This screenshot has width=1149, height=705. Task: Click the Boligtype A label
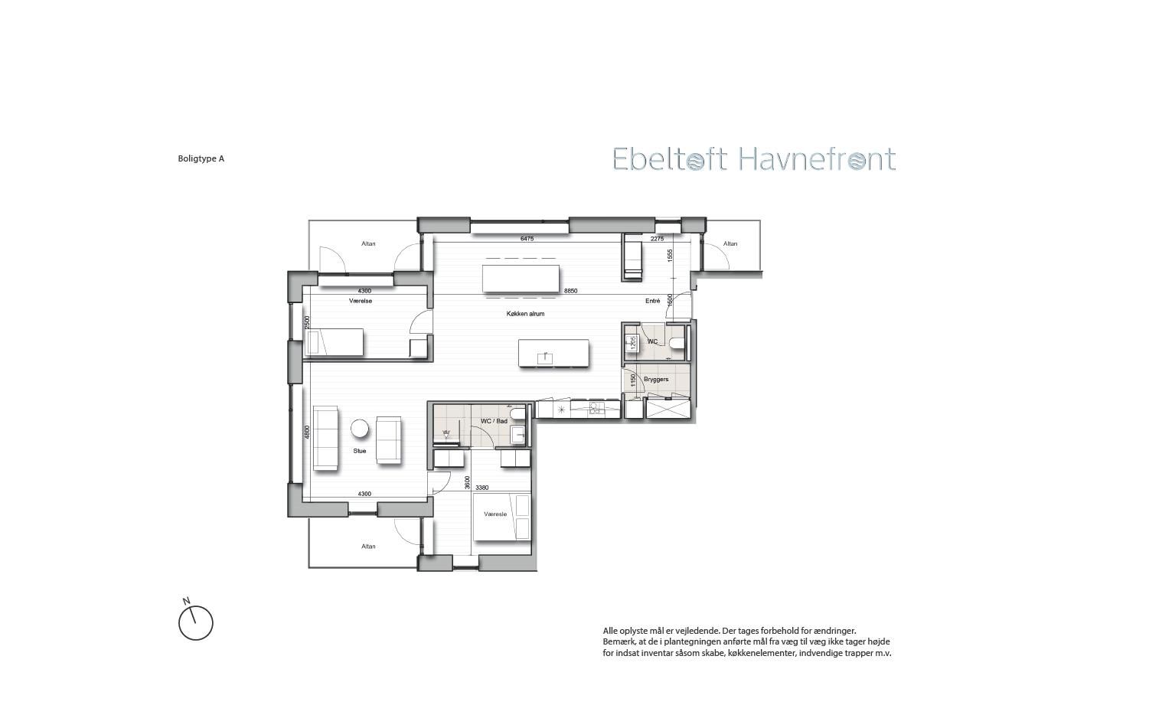click(x=201, y=159)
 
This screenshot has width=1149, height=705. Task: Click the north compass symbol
click(x=195, y=622)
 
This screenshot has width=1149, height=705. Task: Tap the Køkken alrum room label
click(x=525, y=314)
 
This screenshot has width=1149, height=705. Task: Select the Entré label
click(x=652, y=302)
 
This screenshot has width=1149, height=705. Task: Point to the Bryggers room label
click(x=656, y=380)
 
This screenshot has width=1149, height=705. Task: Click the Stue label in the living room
click(x=360, y=451)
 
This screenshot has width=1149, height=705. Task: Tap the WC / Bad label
click(x=494, y=421)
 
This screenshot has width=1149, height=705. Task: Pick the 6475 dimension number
click(x=527, y=239)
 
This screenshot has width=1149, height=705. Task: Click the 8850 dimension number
click(x=571, y=291)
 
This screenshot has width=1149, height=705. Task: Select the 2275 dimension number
click(x=657, y=239)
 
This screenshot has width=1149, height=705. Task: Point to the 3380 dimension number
click(x=481, y=488)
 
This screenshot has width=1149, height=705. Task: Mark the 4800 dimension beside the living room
click(x=307, y=432)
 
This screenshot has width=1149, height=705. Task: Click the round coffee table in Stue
click(x=360, y=429)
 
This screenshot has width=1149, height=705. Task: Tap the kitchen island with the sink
click(x=554, y=353)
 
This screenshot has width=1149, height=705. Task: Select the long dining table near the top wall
click(x=521, y=279)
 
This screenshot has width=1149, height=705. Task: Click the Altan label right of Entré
click(x=730, y=244)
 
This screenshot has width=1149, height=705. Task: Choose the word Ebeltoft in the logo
click(x=670, y=160)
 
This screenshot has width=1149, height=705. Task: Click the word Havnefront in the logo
click(x=817, y=160)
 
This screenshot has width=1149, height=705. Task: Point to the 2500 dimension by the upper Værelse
click(x=307, y=322)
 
